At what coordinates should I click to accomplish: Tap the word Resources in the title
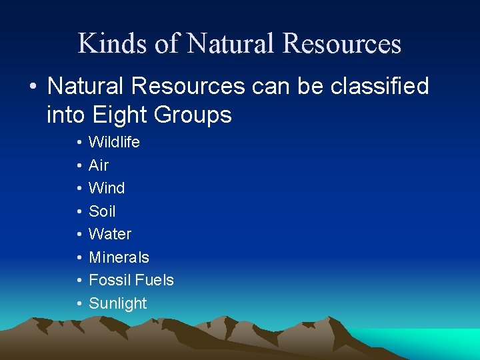[x=342, y=44]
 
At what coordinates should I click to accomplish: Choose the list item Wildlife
[x=114, y=142]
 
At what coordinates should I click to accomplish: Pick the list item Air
[x=99, y=165]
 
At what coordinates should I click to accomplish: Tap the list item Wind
[x=107, y=188]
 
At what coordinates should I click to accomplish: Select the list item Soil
[x=102, y=211]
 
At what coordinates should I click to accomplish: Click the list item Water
[x=110, y=234]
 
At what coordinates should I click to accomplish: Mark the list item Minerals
[x=119, y=257]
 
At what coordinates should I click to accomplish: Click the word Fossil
[x=109, y=280]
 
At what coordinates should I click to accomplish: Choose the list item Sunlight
[x=117, y=303]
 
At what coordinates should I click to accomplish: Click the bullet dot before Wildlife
[x=79, y=143]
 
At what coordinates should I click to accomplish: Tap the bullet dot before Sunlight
[x=79, y=304]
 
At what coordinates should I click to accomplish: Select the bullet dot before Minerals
[x=79, y=258]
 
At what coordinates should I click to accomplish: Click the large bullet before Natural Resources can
[x=33, y=87]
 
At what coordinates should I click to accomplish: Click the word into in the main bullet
[x=65, y=115]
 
